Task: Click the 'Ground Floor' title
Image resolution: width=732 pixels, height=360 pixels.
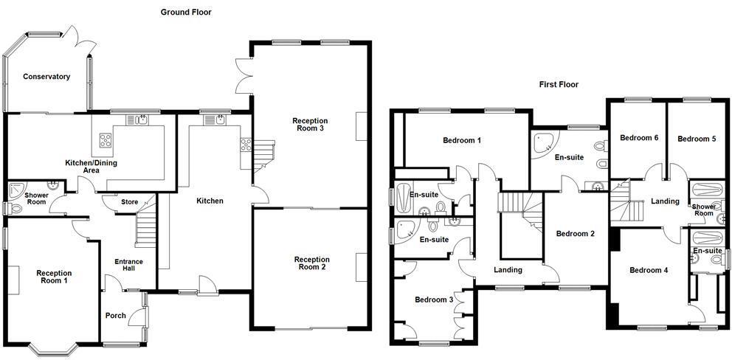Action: (x=186, y=12)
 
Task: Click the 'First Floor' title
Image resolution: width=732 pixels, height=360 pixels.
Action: (x=559, y=85)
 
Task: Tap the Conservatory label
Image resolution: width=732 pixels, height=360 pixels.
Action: (x=46, y=77)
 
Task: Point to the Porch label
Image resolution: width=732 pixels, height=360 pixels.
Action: (x=116, y=316)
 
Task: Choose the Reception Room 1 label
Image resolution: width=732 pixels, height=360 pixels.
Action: (x=55, y=277)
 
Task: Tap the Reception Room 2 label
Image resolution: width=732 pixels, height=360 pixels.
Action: (x=311, y=263)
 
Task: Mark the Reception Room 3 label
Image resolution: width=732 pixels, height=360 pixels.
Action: (x=310, y=125)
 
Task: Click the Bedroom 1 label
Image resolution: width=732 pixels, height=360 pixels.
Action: (x=462, y=140)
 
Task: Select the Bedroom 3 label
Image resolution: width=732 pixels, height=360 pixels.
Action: (x=434, y=300)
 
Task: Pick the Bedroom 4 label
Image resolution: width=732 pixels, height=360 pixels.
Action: (x=648, y=270)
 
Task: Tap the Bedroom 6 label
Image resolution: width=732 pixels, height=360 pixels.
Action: (x=638, y=138)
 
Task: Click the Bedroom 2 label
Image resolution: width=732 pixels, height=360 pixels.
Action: (x=575, y=234)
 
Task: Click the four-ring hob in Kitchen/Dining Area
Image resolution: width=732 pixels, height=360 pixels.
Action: (x=106, y=139)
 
